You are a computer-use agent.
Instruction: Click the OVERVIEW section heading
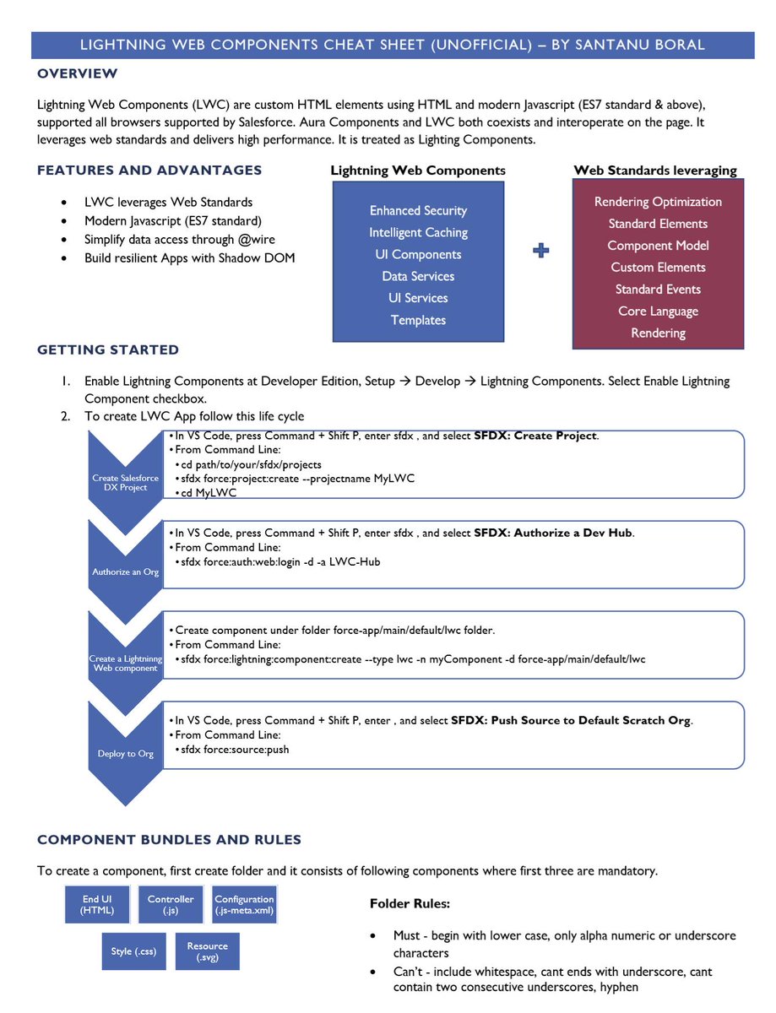pos(78,74)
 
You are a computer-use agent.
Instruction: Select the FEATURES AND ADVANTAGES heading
pos(149,171)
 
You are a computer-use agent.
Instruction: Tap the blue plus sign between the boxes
pos(541,251)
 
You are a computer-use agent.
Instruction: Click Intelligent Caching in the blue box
pos(418,232)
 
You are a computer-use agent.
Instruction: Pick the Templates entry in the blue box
pos(418,320)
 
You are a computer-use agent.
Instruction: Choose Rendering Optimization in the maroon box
pos(658,202)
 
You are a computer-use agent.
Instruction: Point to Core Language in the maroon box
pos(658,311)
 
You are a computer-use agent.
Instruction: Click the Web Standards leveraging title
pos(654,171)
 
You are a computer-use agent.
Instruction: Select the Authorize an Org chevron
pos(125,572)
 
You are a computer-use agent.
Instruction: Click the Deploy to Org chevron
pos(125,753)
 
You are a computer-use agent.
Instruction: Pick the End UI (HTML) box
pos(97,905)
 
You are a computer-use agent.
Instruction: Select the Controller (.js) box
pos(171,905)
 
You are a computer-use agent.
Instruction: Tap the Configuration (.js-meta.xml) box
pos(244,905)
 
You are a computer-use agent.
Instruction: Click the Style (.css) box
pos(133,951)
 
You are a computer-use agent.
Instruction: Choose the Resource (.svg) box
pos(208,951)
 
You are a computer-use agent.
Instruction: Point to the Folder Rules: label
pos(410,904)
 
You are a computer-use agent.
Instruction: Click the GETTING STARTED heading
pos(108,349)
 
